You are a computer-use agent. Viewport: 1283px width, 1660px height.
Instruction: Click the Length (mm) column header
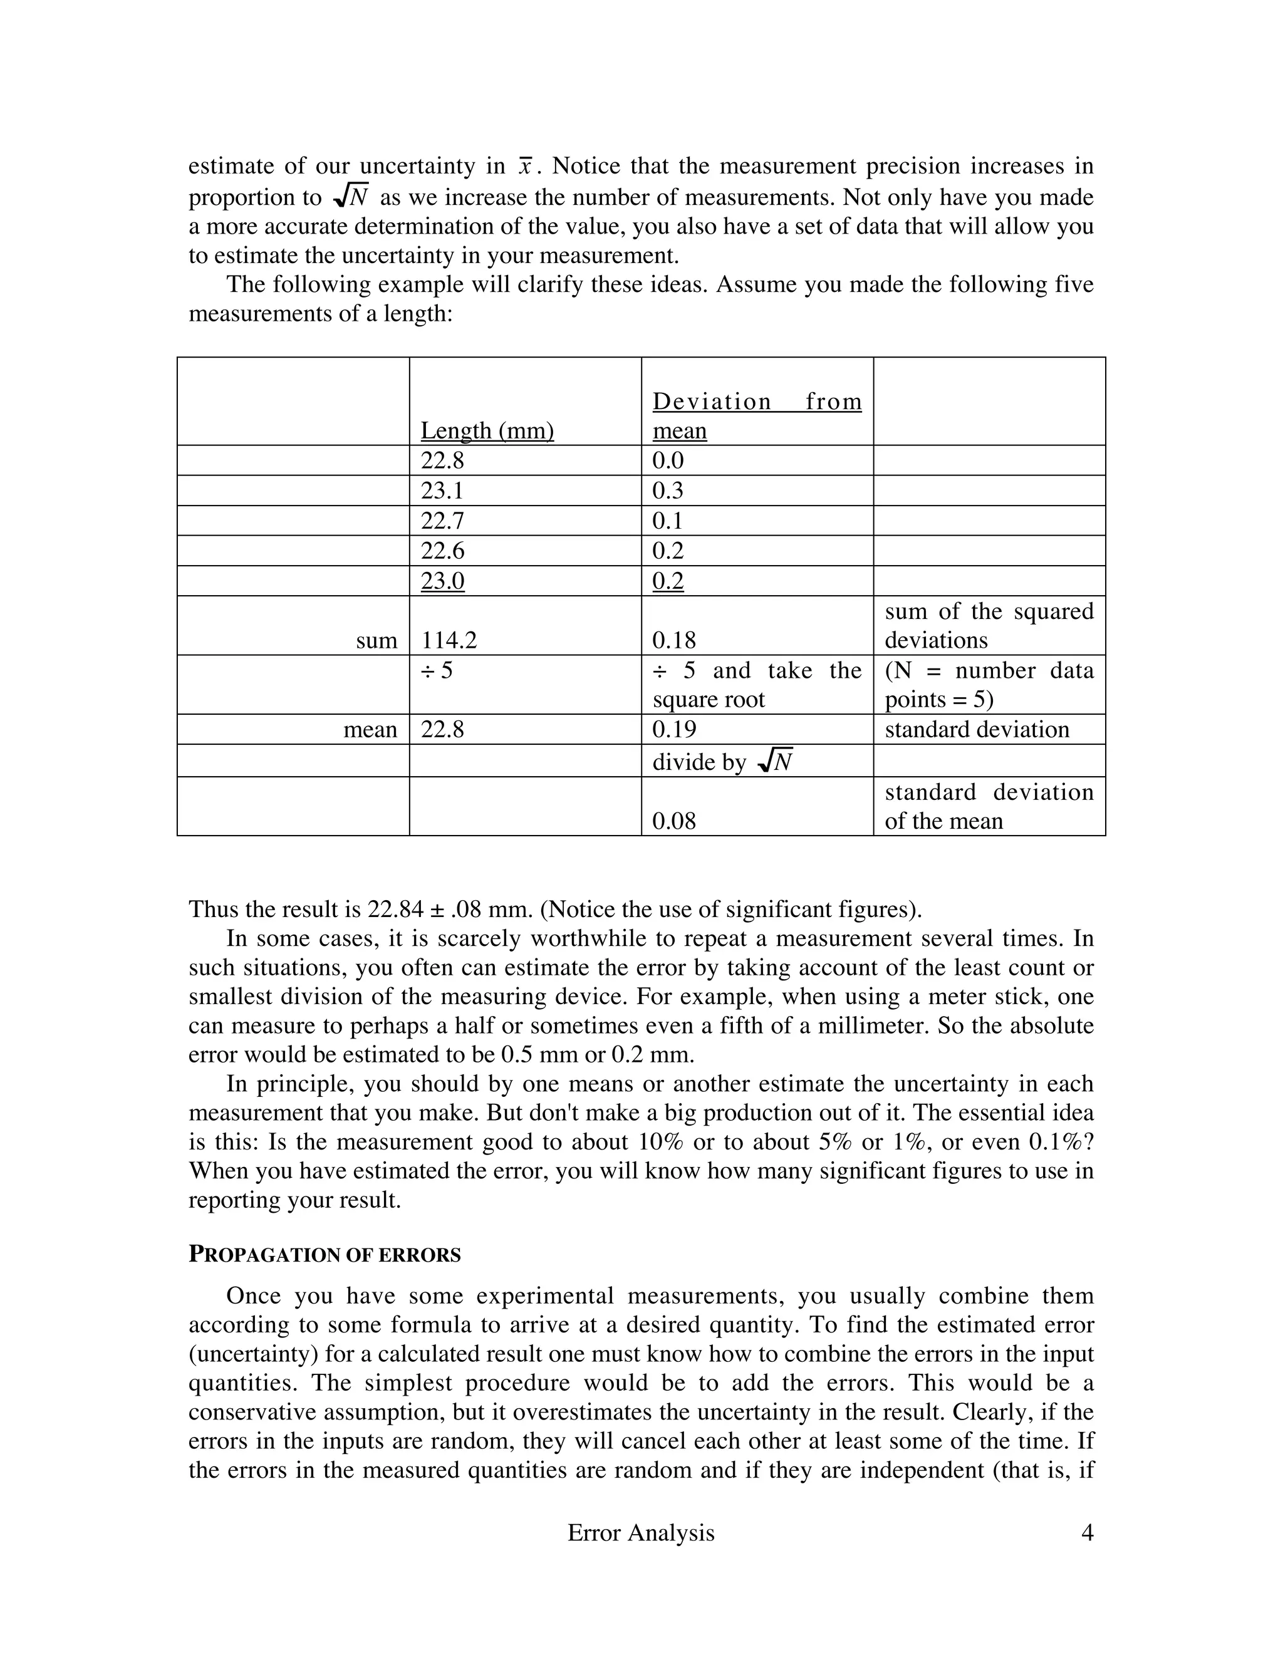click(487, 430)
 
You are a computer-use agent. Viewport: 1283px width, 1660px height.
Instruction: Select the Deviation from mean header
click(757, 415)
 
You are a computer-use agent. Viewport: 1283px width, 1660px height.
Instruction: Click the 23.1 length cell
click(442, 490)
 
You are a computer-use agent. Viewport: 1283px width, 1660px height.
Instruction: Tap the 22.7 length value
click(442, 521)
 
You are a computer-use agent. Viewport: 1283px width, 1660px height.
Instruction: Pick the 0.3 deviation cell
click(668, 490)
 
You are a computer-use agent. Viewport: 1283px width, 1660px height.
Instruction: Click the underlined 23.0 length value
click(442, 581)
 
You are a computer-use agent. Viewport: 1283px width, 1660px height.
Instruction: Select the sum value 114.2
click(449, 640)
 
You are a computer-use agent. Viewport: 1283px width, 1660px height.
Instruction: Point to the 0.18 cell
click(674, 640)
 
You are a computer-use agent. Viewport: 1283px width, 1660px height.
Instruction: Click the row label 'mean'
click(370, 729)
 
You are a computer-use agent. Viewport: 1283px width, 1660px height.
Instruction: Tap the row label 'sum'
click(377, 640)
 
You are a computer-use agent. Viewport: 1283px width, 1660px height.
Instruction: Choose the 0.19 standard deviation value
click(674, 729)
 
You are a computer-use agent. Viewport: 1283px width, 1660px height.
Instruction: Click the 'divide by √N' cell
click(723, 761)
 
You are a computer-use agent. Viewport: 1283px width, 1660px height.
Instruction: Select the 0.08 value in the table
click(674, 820)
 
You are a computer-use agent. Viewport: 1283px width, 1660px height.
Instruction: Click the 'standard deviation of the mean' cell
click(988, 806)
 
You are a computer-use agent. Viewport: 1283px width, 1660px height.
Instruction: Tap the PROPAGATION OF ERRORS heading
click(325, 1254)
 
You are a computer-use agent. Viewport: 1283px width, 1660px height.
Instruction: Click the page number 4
click(1087, 1532)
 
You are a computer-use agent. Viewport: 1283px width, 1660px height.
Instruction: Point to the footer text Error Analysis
click(641, 1532)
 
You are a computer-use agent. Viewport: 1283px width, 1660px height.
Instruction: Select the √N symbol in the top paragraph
click(352, 196)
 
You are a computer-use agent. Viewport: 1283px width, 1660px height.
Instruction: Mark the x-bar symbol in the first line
click(525, 166)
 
